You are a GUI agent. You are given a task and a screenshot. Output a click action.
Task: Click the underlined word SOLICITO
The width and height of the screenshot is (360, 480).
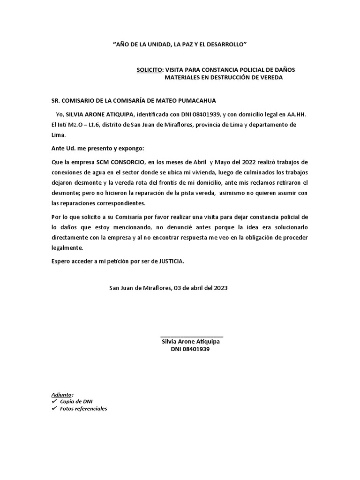[149, 69]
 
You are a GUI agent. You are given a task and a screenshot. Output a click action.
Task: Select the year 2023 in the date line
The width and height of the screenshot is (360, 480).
[220, 288]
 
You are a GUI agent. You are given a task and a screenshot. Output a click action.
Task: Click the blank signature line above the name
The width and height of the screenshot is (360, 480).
[191, 336]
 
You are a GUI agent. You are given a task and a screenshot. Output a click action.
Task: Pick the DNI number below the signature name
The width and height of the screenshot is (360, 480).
[190, 349]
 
